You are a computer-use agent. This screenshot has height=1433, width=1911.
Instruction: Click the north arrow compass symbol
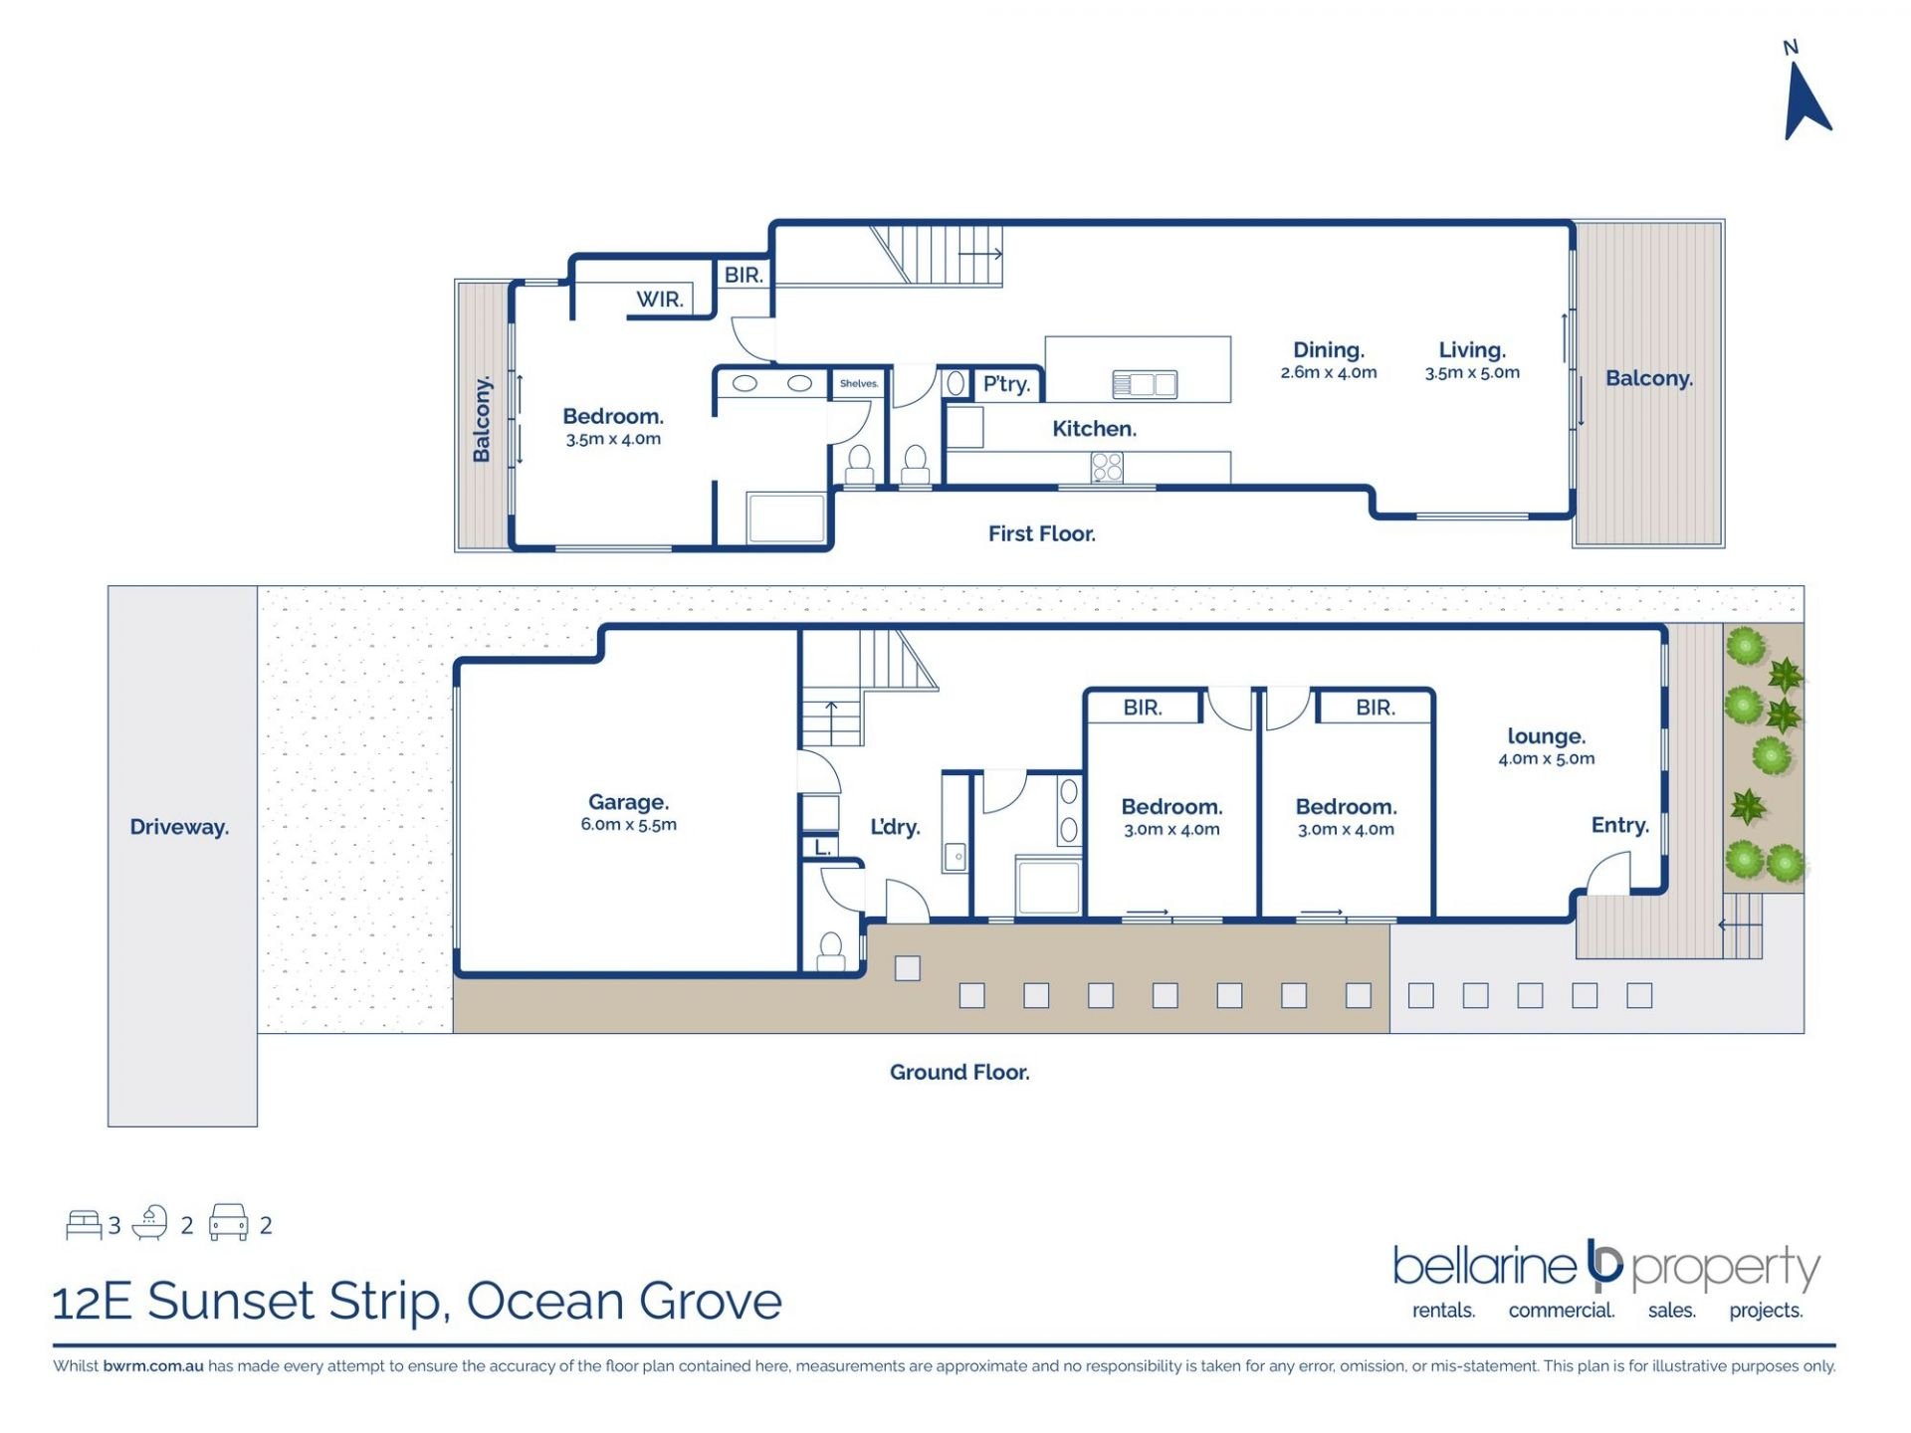click(1805, 102)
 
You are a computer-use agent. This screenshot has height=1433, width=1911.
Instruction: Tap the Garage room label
click(628, 802)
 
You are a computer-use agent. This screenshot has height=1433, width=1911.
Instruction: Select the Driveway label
click(179, 827)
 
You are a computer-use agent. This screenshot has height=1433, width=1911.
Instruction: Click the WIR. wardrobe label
click(660, 299)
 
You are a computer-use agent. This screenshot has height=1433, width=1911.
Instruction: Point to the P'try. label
click(1006, 384)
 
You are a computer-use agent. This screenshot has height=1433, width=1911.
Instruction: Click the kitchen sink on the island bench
click(1145, 384)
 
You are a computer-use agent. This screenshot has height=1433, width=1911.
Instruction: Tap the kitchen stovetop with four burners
click(1107, 467)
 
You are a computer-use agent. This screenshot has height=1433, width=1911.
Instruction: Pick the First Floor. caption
click(1041, 533)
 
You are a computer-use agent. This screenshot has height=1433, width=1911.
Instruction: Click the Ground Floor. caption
click(959, 1072)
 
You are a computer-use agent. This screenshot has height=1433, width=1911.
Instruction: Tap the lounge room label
click(1546, 736)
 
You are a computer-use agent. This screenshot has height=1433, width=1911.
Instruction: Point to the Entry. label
click(1619, 825)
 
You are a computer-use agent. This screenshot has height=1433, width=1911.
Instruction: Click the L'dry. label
click(895, 827)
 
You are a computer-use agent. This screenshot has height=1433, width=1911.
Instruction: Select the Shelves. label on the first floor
click(859, 383)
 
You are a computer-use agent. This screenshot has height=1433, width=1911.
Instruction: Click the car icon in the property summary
click(228, 1222)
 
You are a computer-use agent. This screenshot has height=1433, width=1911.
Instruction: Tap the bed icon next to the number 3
click(84, 1224)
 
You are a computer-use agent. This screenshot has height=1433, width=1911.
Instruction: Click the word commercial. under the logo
click(1561, 1311)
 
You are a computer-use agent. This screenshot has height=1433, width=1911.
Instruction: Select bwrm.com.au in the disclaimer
click(153, 1366)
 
